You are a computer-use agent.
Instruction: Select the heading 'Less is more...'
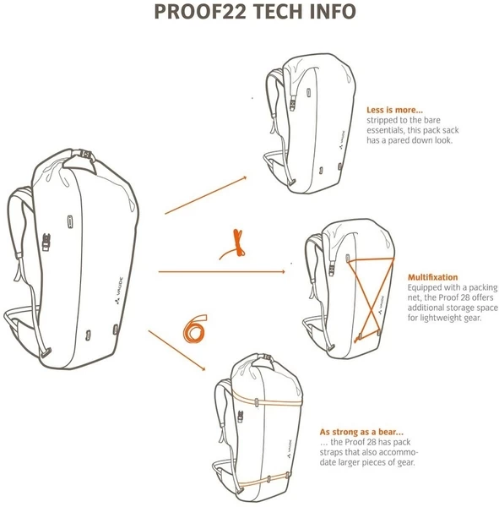394,110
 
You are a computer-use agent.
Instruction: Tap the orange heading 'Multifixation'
433,276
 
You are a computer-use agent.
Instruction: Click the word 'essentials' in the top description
386,130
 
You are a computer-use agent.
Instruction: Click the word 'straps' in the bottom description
334,452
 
